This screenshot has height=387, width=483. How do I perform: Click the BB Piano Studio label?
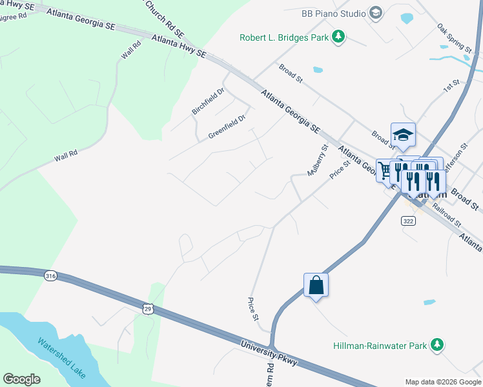(x=333, y=13)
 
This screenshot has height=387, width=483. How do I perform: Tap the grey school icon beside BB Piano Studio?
(x=375, y=13)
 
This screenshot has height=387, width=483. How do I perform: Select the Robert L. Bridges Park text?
(x=283, y=37)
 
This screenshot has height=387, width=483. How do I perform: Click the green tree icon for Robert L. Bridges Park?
(x=338, y=37)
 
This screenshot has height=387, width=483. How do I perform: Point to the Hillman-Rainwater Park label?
(x=380, y=346)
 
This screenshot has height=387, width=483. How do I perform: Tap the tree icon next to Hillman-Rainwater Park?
(x=437, y=345)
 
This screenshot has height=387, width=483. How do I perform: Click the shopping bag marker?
(x=316, y=284)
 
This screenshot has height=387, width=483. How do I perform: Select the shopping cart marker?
(x=386, y=171)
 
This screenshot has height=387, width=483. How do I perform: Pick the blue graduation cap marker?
(x=402, y=135)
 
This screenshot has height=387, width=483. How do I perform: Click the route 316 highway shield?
(x=50, y=276)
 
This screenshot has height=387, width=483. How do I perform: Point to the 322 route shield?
(x=407, y=221)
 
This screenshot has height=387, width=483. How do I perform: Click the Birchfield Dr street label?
(x=207, y=101)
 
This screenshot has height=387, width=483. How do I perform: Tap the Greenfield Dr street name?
(x=227, y=127)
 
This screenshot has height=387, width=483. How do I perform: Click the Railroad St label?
(x=446, y=215)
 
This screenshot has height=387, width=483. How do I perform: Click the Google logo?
(x=21, y=379)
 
